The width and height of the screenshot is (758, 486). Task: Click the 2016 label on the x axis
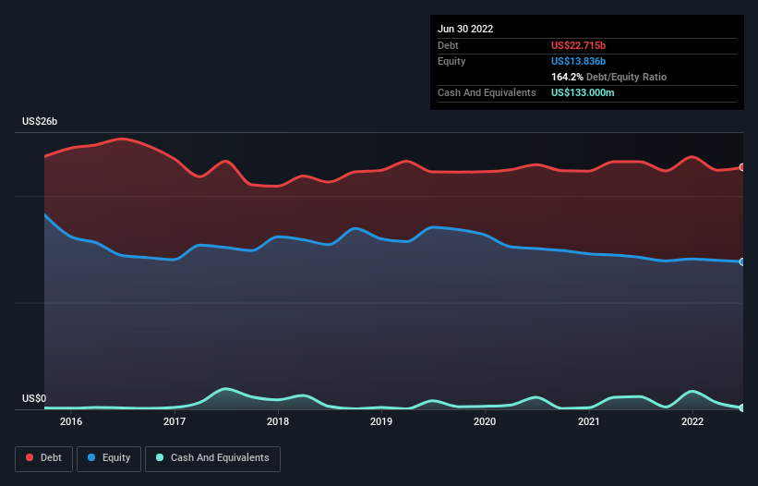(71, 421)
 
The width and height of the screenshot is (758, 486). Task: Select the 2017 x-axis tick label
(174, 421)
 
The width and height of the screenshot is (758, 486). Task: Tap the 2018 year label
(278, 421)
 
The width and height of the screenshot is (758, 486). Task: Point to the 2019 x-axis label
(381, 421)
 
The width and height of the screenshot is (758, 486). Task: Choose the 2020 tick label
(485, 421)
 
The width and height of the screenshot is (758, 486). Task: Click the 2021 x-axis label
(589, 421)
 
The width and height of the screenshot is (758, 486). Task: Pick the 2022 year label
(692, 421)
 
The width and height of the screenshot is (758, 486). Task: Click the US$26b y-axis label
(40, 121)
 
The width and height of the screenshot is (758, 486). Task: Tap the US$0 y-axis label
(34, 398)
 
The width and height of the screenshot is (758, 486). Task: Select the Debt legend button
(43, 458)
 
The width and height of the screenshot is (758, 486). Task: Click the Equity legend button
(109, 458)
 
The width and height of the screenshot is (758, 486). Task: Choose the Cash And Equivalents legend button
(212, 458)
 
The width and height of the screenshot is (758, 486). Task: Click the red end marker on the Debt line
(742, 167)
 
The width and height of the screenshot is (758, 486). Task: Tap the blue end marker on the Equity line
(742, 261)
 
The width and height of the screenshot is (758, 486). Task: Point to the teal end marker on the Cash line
(742, 407)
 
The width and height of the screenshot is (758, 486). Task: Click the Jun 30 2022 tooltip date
(465, 29)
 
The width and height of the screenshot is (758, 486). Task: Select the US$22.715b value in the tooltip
(578, 45)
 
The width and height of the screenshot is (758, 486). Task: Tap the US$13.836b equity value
(578, 61)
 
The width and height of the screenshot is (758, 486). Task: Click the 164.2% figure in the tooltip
(567, 77)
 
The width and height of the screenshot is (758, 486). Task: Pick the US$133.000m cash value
(583, 92)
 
